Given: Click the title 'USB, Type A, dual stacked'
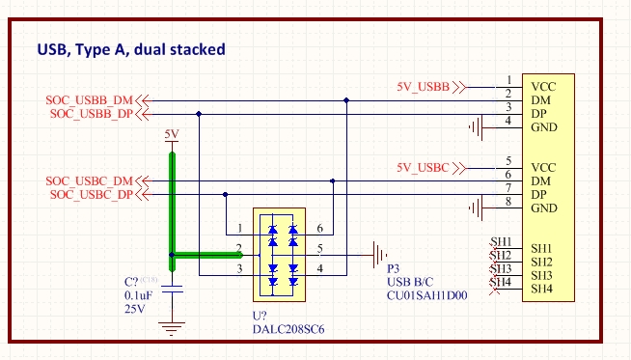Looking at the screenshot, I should point(130,48).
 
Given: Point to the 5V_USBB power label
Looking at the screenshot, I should point(423,87).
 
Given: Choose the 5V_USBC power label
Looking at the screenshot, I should point(423,168).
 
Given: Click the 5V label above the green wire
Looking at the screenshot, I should point(172,134).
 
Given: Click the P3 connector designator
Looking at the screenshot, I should point(393,269).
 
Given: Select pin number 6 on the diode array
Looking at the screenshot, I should point(318,229).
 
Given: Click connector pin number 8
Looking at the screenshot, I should point(508,202).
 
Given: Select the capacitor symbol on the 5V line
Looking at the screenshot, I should point(172,288).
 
